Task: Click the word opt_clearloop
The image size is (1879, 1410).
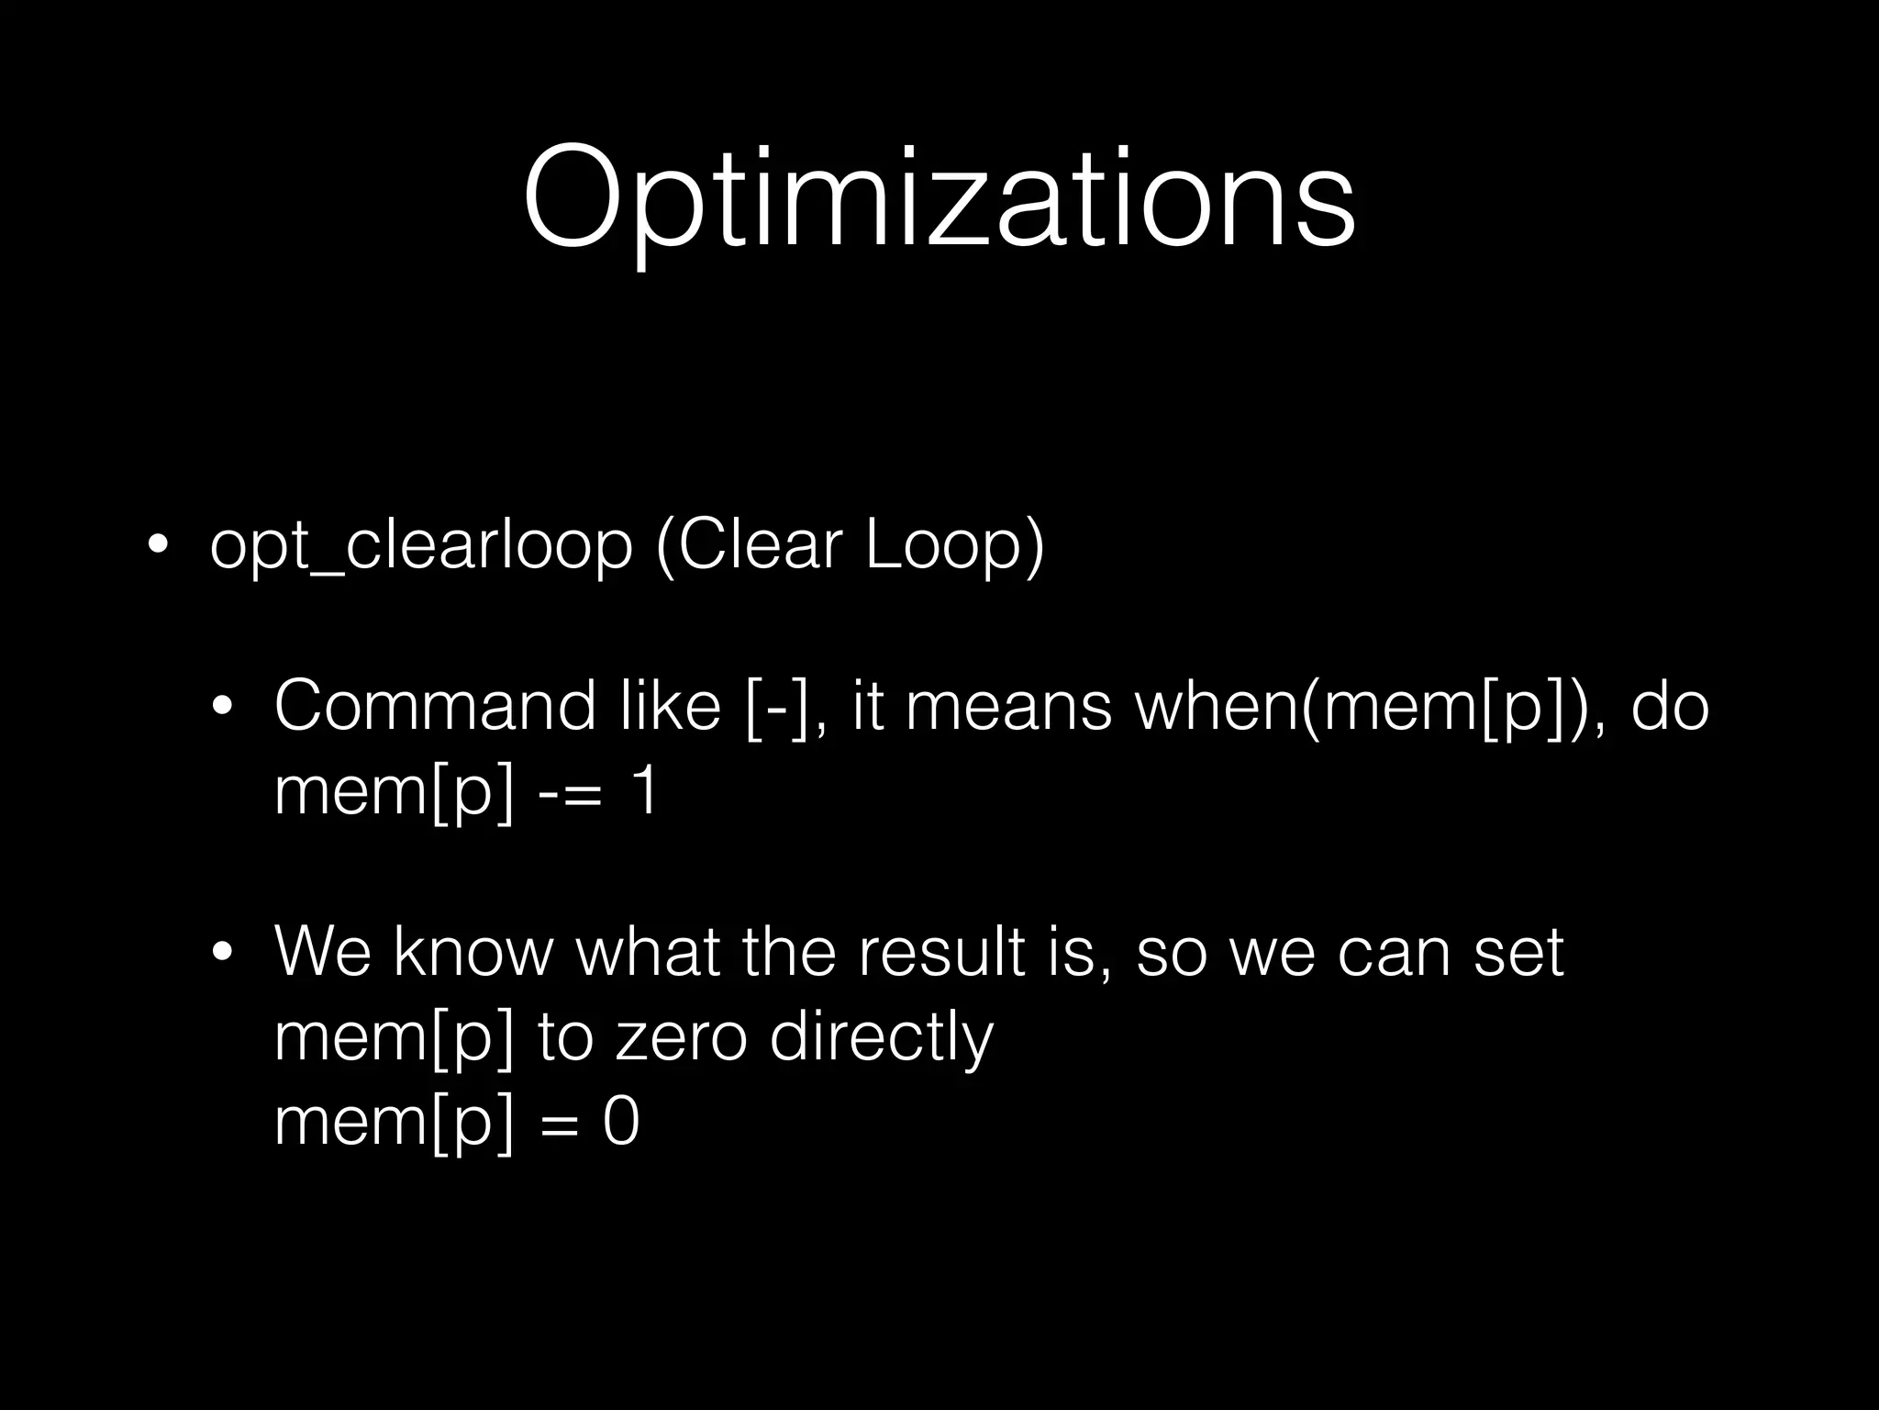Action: [421, 546]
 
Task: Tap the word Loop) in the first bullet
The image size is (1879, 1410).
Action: [955, 546]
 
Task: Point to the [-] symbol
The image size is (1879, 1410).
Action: [777, 708]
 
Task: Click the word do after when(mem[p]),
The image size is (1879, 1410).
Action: [1670, 708]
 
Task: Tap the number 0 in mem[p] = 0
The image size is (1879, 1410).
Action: [621, 1121]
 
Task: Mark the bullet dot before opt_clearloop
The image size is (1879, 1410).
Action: [157, 548]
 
